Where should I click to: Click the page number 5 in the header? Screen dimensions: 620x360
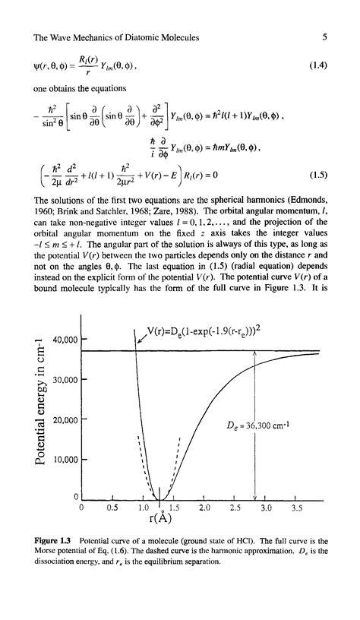tap(324, 36)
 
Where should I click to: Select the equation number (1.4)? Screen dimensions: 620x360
tap(318, 65)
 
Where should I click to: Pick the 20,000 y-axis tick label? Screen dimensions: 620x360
tap(62, 420)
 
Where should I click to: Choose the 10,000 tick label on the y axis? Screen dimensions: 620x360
tap(62, 460)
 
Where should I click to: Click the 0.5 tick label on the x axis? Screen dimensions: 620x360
tap(112, 507)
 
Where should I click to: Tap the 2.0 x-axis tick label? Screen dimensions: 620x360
tap(204, 507)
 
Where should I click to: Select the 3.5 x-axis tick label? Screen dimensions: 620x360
tap(297, 507)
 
